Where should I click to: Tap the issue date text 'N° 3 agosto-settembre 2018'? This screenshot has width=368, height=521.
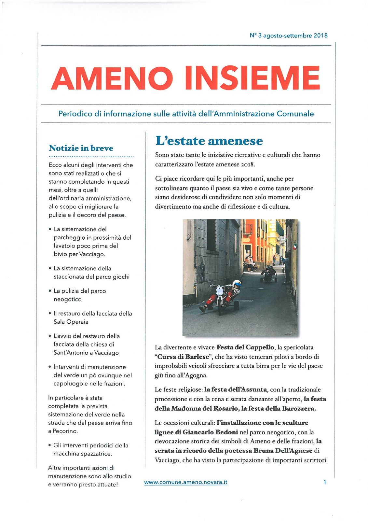(288, 35)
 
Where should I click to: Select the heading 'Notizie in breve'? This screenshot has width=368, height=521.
(81, 148)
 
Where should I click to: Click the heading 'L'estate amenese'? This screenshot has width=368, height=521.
(209, 141)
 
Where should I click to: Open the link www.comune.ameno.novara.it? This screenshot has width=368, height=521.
(185, 482)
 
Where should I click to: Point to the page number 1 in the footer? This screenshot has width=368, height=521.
(324, 482)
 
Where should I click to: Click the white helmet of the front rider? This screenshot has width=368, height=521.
(237, 284)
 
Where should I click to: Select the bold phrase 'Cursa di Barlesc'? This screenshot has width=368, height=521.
(183, 357)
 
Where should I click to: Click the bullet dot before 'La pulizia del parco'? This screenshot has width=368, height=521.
(50, 291)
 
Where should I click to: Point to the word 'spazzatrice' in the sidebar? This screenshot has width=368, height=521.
(96, 454)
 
